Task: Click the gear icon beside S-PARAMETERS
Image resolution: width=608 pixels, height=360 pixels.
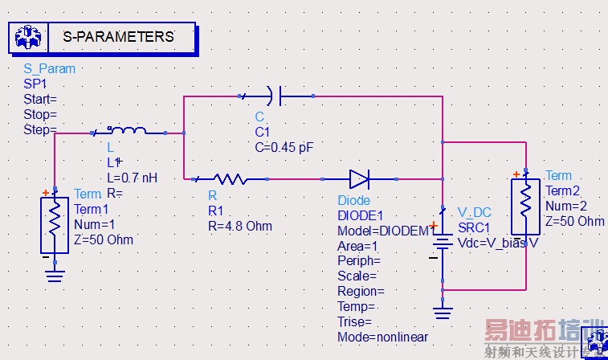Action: [28, 36]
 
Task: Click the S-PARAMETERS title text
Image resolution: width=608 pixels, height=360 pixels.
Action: [117, 37]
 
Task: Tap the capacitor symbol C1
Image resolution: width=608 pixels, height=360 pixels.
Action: [274, 97]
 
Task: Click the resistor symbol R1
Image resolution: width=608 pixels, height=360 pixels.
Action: [228, 178]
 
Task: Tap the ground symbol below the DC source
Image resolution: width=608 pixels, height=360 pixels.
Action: [442, 311]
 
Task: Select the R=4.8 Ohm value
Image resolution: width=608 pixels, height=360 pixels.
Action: [239, 226]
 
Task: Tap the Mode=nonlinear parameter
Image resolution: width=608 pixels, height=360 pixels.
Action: [382, 337]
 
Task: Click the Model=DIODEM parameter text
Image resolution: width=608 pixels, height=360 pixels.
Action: [383, 231]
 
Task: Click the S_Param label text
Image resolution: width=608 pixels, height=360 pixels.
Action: [49, 69]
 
